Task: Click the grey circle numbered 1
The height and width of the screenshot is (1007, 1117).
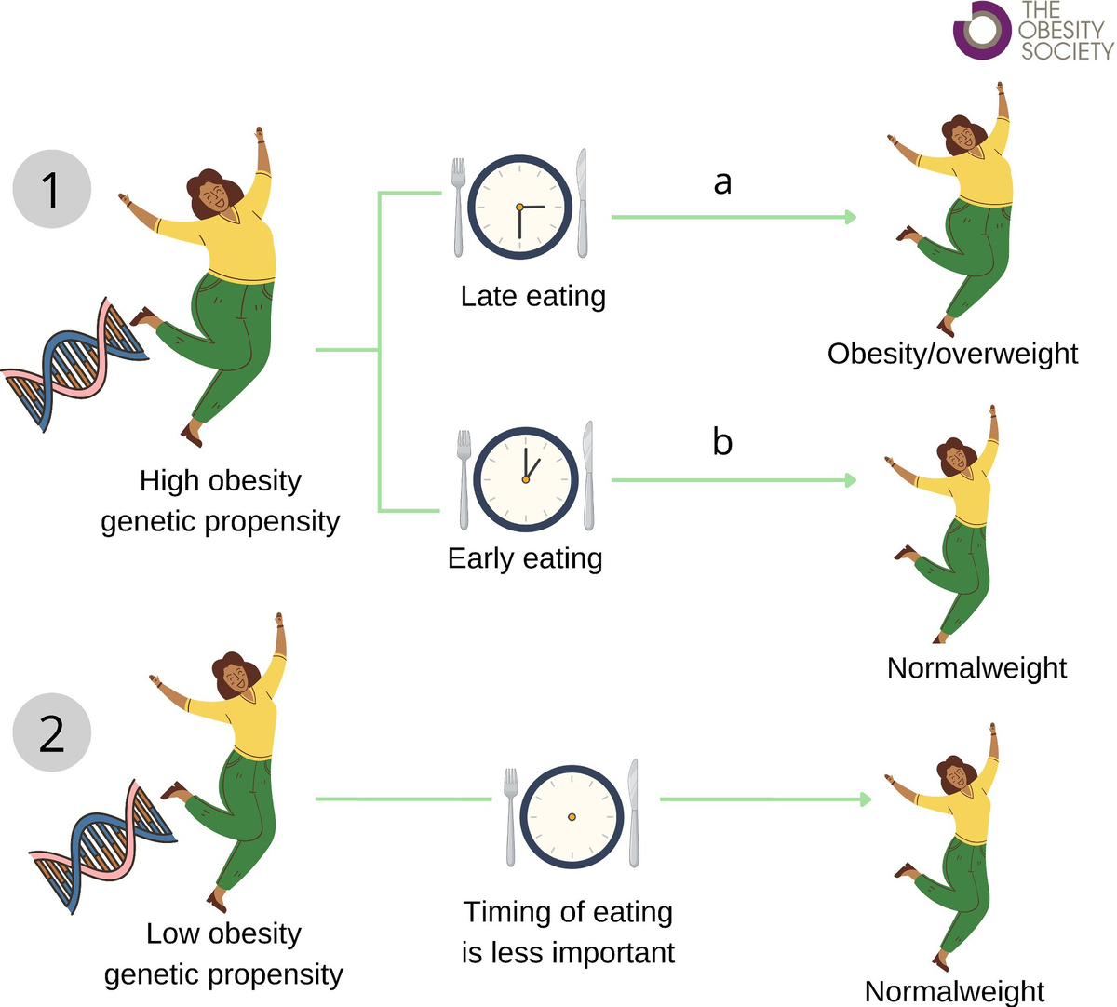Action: (52, 190)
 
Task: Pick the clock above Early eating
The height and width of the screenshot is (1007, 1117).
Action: (526, 479)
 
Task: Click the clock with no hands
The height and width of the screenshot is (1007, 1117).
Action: (572, 816)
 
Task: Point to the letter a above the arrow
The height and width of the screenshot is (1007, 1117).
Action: (722, 182)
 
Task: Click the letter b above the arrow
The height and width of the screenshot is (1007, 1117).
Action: (722, 441)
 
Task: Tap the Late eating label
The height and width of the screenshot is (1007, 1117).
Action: (532, 296)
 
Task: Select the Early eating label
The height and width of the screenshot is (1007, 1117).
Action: (525, 558)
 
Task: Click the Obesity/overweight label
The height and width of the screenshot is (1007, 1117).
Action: (952, 354)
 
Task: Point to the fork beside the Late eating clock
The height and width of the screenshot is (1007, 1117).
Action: (458, 207)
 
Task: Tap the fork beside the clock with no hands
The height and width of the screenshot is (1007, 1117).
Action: (510, 816)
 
